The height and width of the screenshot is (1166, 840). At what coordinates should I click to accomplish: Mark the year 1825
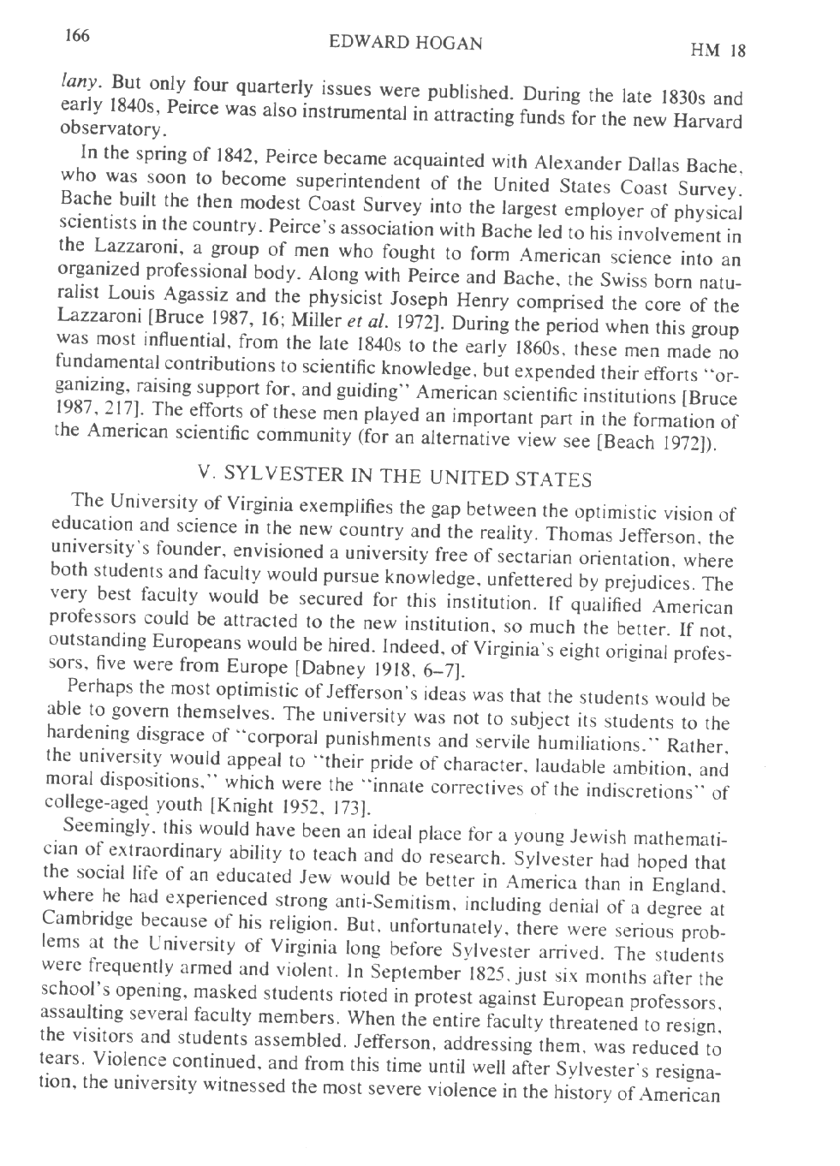click(x=468, y=976)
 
